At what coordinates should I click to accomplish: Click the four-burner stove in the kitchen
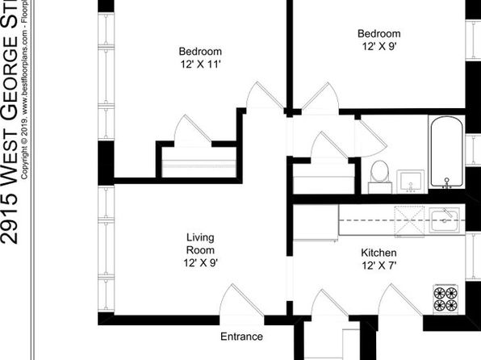coord(446,298)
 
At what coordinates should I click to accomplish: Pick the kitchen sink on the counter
coord(444,219)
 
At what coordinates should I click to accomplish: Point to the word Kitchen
coord(378,252)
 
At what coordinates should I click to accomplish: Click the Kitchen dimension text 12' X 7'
coord(378,265)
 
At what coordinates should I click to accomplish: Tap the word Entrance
coord(241,337)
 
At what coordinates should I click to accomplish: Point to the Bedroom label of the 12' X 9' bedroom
coord(379,34)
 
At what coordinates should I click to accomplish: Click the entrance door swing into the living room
coord(234,303)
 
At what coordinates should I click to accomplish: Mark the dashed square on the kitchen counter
coord(408,220)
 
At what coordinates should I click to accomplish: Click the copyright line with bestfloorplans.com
coord(26,89)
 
